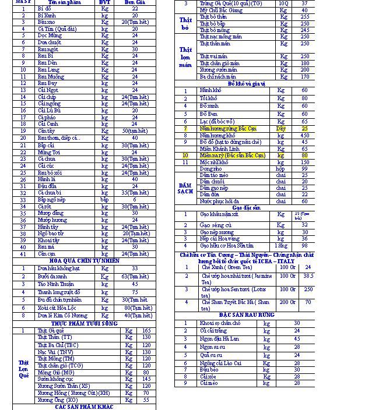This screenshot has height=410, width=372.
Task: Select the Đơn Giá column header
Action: [135, 2]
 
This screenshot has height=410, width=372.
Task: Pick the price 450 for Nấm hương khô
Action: [304, 135]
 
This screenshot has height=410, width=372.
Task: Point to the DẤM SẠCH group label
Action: [185, 188]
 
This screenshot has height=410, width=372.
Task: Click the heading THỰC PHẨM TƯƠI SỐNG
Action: [85, 322]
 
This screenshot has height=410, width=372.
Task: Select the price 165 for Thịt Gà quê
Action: [146, 330]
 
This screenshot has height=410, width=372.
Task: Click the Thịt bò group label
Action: [185, 24]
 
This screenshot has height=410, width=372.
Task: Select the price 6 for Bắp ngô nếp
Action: [135, 199]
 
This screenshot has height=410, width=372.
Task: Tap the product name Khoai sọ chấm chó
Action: [221, 323]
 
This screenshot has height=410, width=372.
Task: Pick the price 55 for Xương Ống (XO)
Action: [146, 400]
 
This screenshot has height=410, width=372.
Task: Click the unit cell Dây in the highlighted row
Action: [281, 128]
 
